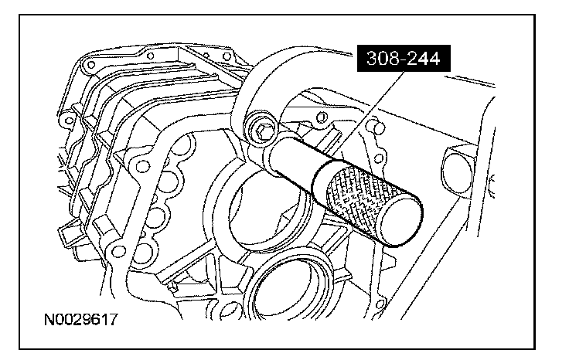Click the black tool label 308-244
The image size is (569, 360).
point(404,59)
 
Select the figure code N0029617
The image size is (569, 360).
point(81,320)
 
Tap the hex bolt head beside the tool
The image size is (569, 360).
point(261,130)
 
